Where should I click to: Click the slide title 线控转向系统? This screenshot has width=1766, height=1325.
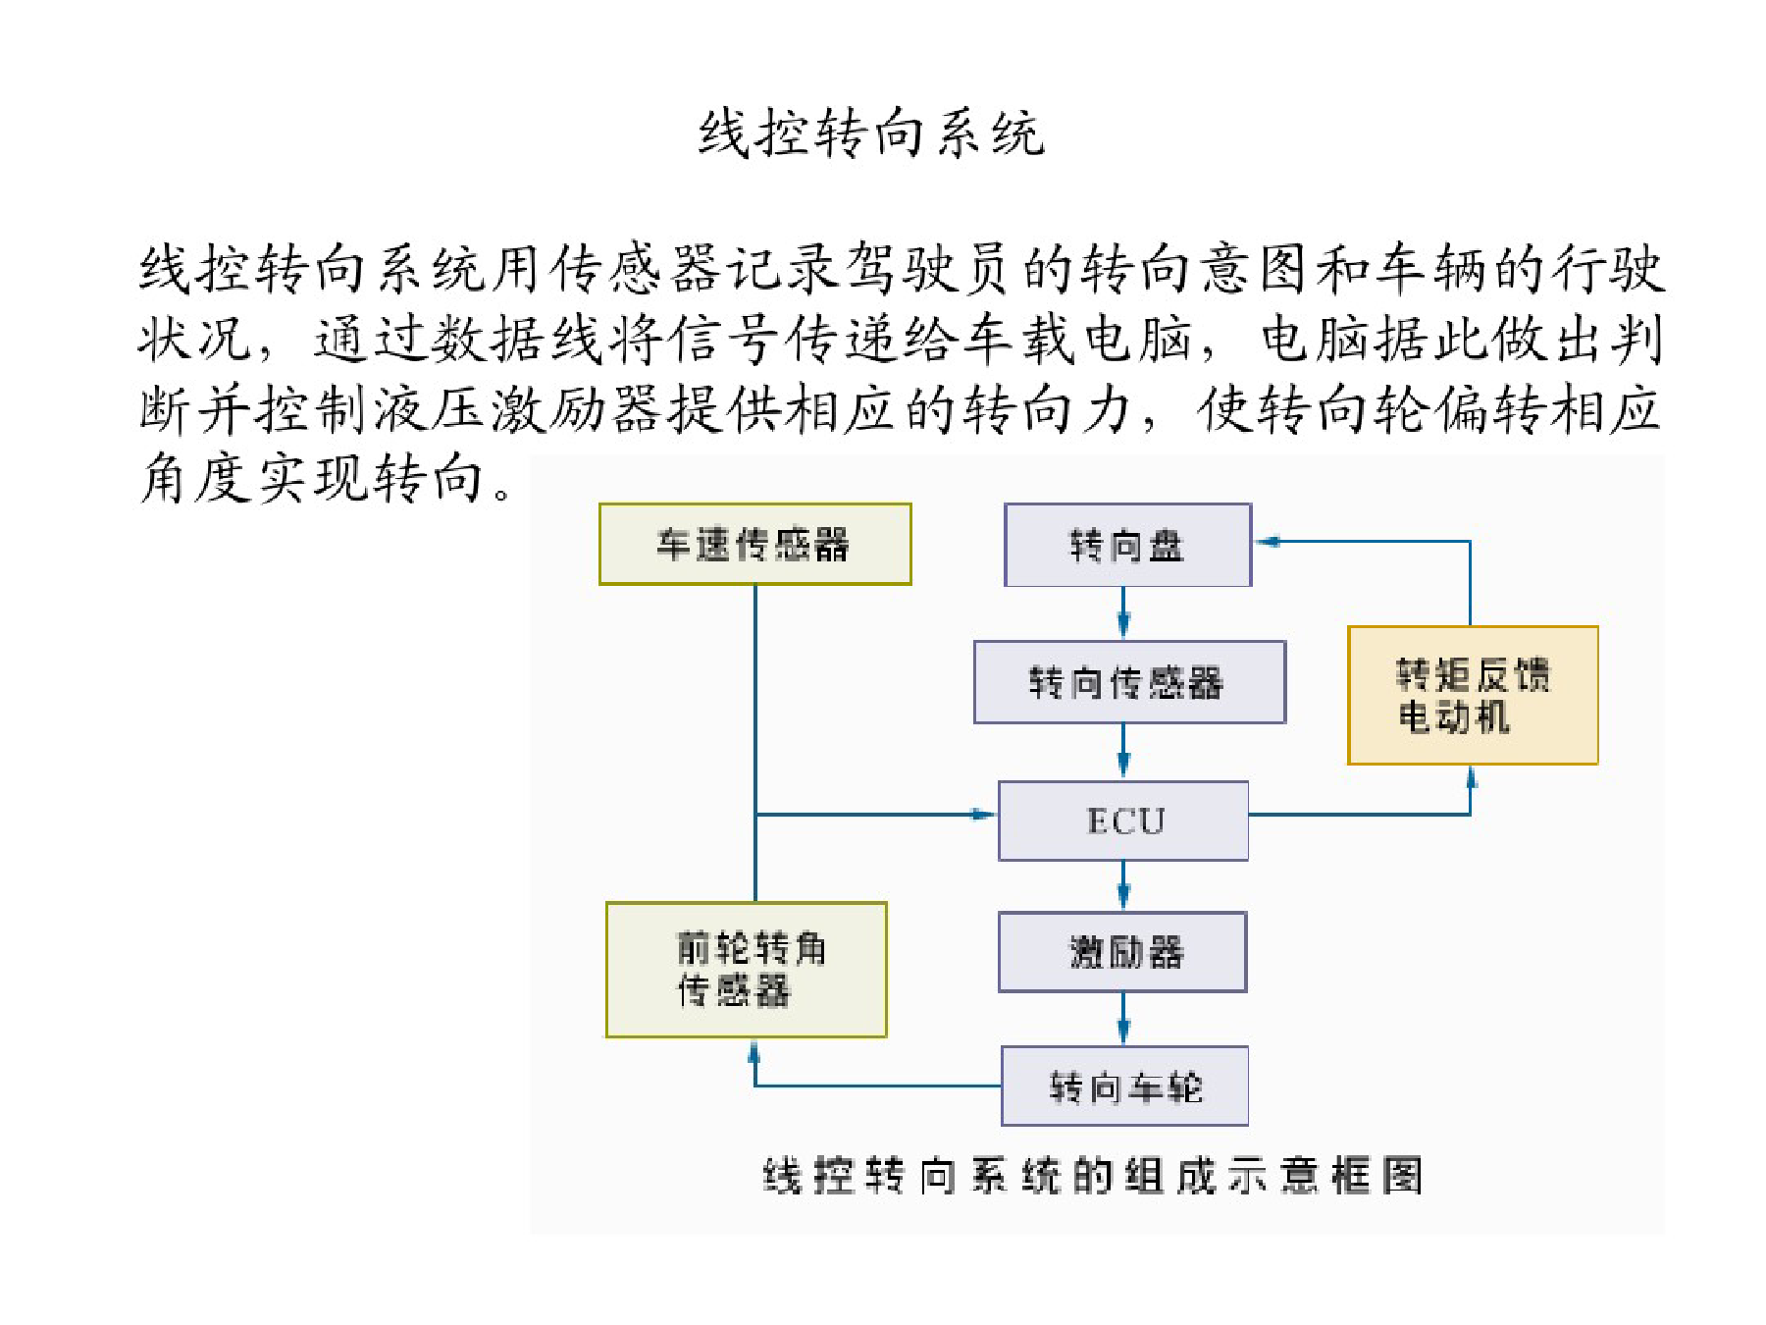871,133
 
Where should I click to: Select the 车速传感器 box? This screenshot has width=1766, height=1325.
755,544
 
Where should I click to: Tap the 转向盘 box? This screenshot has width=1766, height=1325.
1128,545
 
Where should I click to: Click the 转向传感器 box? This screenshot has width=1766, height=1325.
1129,682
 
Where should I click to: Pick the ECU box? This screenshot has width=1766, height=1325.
1123,821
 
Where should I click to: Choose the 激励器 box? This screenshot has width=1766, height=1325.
1122,952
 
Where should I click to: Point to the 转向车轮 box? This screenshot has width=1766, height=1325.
1124,1086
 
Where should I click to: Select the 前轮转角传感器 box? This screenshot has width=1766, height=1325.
747,970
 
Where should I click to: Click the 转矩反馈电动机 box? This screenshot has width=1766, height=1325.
1473,695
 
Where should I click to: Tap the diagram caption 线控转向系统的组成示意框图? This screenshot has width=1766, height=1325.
1093,1175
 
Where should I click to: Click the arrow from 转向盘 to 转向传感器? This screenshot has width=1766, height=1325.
1123,613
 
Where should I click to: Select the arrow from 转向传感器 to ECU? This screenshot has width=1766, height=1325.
1123,752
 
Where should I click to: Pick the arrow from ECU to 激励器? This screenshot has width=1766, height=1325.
1123,886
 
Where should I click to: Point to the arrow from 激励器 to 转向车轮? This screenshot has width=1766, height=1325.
1123,1019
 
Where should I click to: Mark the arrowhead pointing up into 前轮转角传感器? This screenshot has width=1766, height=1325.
754,1051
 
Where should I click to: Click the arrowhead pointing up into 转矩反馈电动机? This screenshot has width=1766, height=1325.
1471,778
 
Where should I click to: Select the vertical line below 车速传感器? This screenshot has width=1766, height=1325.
755,743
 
